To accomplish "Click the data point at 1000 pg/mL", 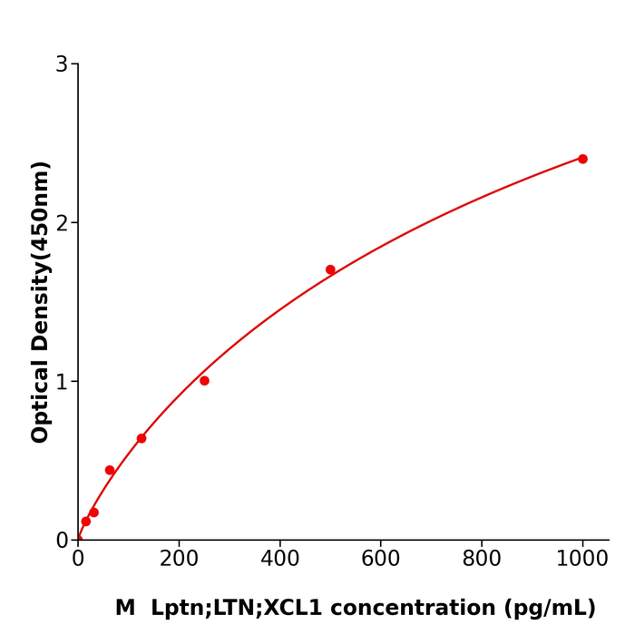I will click(x=582, y=159).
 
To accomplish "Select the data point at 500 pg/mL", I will click(x=330, y=269).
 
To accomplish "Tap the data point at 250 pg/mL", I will click(x=204, y=381).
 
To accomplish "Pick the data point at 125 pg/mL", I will click(x=142, y=438).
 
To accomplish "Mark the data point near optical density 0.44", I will click(x=110, y=470).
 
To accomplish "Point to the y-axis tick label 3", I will click(x=62, y=64).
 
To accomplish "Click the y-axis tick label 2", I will click(x=62, y=223).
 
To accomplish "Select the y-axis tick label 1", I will click(x=62, y=382).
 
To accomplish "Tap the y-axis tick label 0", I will click(x=62, y=541).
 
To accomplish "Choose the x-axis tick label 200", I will click(x=179, y=559).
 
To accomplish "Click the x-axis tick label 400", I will click(x=279, y=559).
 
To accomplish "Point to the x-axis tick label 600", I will click(x=380, y=559).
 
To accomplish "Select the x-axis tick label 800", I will click(x=481, y=559).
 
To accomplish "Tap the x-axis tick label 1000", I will click(x=582, y=559).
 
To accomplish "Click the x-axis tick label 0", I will click(x=78, y=559).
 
